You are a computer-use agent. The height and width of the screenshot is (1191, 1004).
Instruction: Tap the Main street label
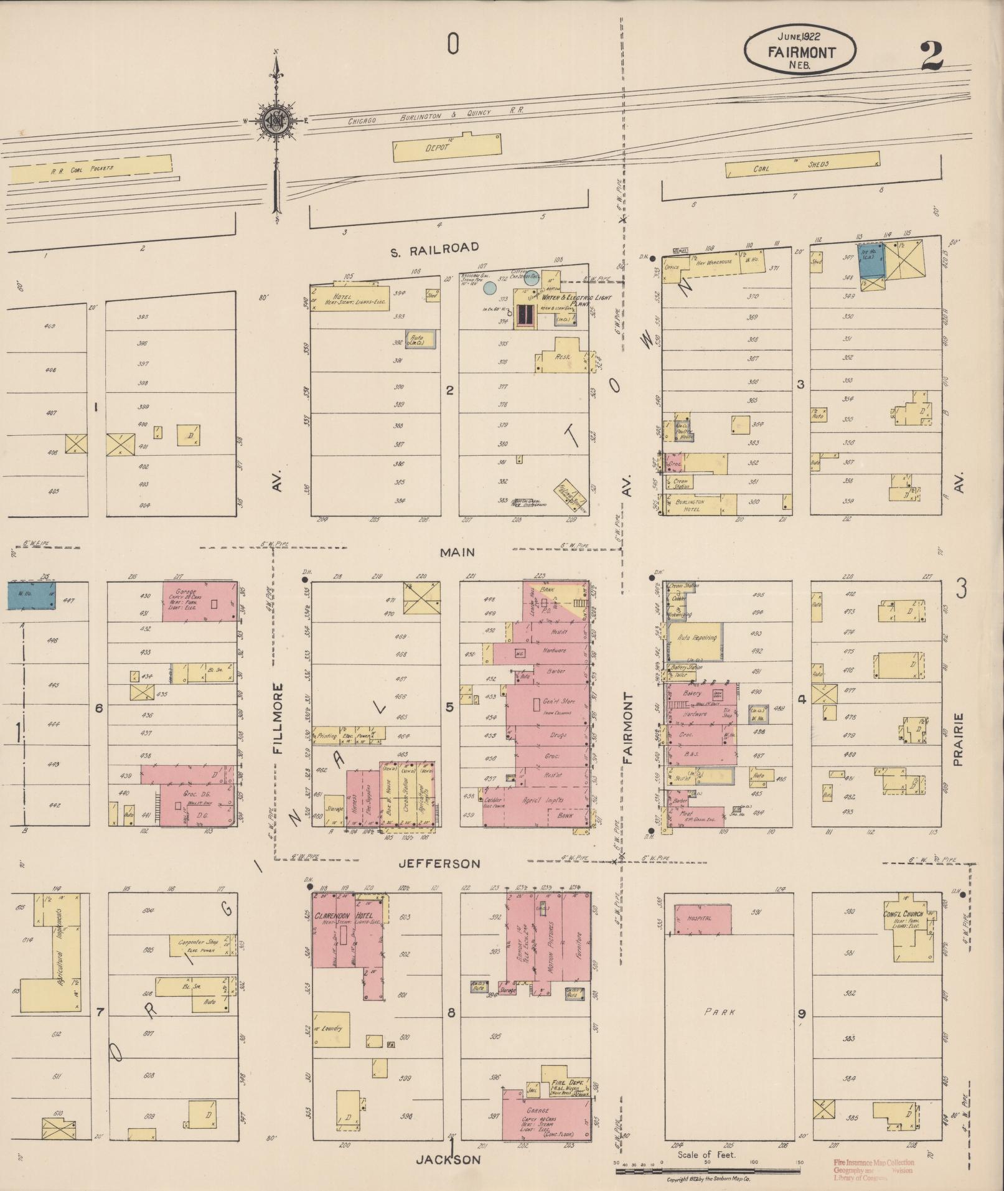click(457, 552)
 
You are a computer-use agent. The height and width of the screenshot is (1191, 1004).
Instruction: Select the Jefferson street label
click(439, 864)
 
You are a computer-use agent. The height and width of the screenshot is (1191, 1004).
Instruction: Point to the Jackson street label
click(449, 1159)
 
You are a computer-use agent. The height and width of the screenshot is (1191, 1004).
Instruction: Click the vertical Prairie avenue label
click(958, 739)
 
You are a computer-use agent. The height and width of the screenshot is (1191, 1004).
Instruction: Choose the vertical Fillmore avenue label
click(278, 719)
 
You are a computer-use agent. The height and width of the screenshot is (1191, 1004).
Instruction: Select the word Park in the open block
click(720, 1012)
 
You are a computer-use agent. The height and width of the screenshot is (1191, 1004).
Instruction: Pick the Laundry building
click(331, 1029)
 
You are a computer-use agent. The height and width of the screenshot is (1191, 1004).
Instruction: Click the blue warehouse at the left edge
click(30, 595)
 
